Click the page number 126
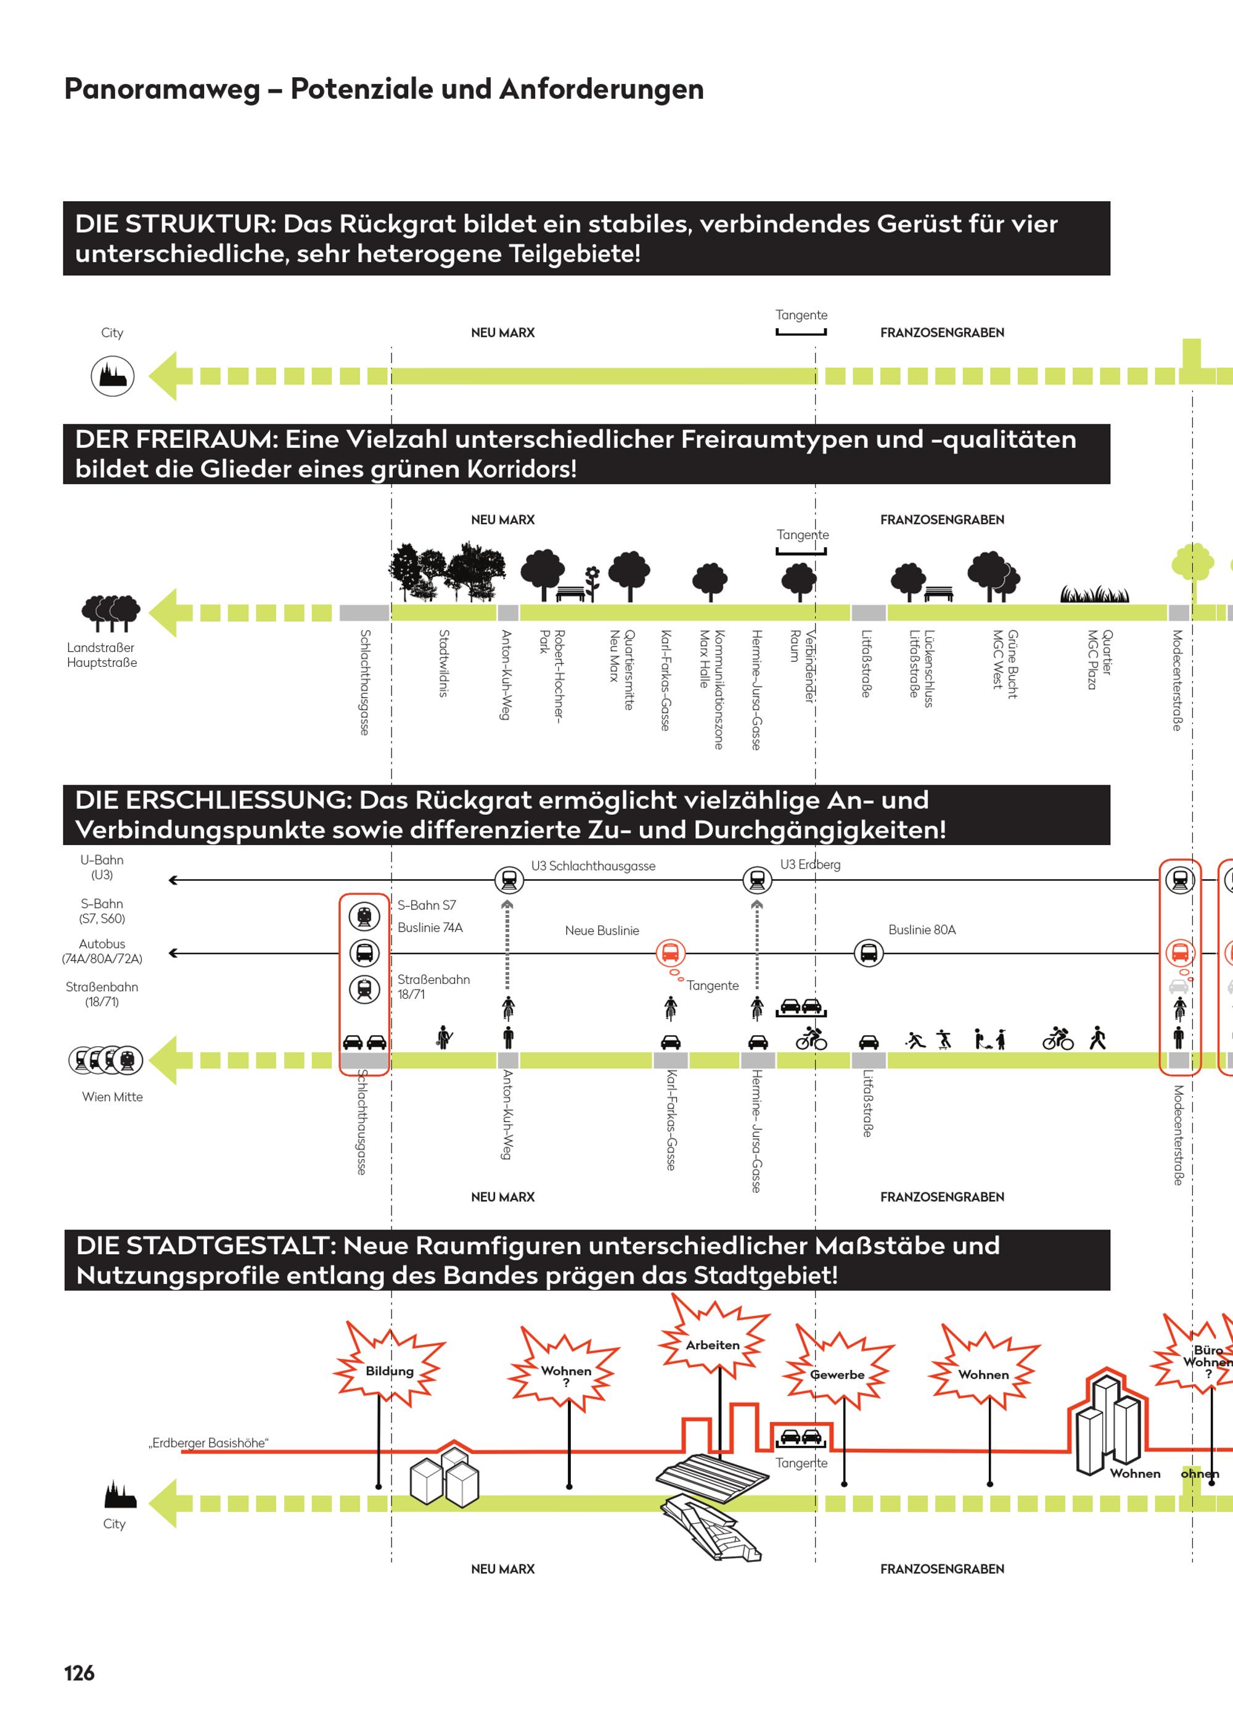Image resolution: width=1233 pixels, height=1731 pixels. click(x=79, y=1672)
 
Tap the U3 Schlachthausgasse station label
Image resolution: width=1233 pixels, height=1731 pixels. click(x=593, y=866)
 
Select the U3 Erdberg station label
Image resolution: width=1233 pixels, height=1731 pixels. click(x=810, y=864)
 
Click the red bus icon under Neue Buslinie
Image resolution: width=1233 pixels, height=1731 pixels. click(x=670, y=952)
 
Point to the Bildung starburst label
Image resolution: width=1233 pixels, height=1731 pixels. click(x=390, y=1371)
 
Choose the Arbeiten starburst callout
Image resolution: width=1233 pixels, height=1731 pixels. click(x=713, y=1345)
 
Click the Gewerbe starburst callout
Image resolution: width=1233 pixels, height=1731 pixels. click(x=837, y=1375)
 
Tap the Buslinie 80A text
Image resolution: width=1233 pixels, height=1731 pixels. click(x=922, y=930)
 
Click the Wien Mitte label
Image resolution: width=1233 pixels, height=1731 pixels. click(x=112, y=1097)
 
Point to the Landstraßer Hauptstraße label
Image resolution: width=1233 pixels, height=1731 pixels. click(x=102, y=655)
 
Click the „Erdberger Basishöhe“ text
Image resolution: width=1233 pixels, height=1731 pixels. click(x=209, y=1443)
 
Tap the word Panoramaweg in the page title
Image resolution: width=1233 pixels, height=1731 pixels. click(x=162, y=89)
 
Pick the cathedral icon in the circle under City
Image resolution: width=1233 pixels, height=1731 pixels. click(x=113, y=376)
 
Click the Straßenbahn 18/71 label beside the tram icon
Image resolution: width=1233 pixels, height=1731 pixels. click(x=433, y=986)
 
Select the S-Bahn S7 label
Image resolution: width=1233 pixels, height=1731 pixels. click(x=427, y=906)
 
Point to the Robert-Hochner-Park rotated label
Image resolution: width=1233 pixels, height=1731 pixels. click(x=552, y=674)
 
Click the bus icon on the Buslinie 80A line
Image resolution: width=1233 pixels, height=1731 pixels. click(x=869, y=952)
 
